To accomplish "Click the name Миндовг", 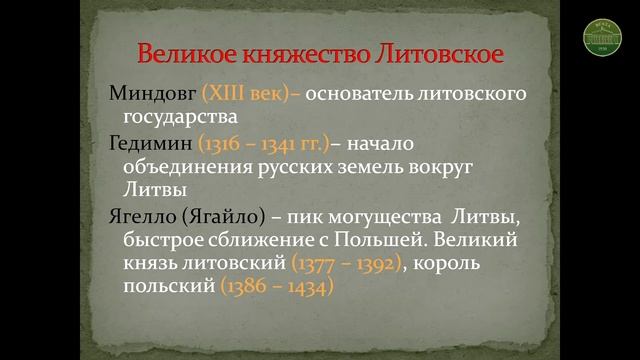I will pos(151,96).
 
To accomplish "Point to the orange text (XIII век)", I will pos(249,96).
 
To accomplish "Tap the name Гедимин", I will pos(150,144).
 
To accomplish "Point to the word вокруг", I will pos(469,166).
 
